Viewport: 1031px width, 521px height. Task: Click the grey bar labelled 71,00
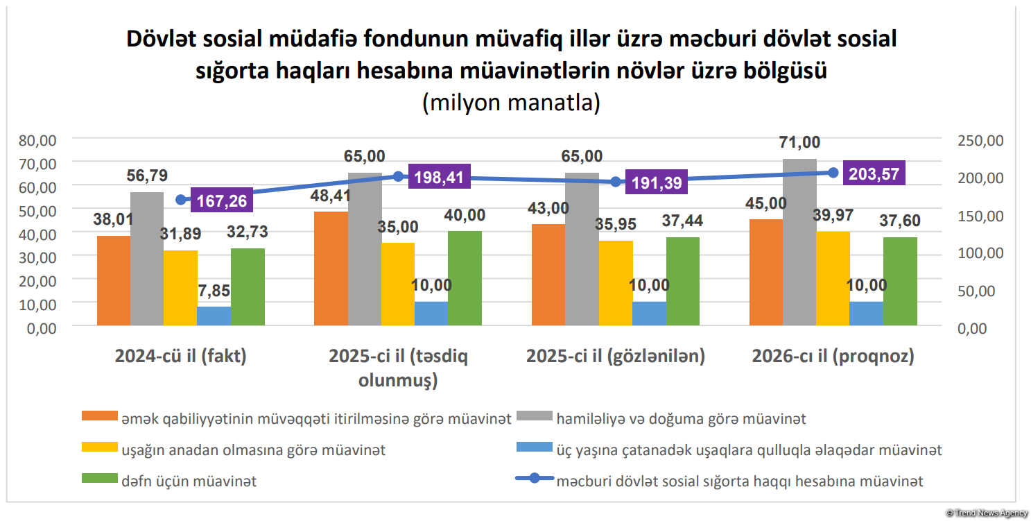(x=799, y=242)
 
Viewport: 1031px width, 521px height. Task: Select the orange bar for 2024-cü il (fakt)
(x=114, y=280)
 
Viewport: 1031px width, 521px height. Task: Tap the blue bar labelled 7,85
(x=214, y=316)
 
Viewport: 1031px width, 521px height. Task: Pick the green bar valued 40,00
(x=465, y=278)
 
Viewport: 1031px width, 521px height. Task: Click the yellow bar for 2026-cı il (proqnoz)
(x=833, y=278)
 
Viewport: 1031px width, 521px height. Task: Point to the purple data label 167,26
(x=222, y=201)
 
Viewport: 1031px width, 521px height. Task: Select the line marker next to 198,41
(x=399, y=176)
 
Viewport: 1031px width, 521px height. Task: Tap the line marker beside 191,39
(x=616, y=182)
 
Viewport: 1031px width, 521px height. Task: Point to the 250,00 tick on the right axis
(x=980, y=140)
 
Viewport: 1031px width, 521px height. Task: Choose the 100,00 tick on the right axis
(x=980, y=253)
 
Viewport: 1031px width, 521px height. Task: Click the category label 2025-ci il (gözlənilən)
(x=616, y=357)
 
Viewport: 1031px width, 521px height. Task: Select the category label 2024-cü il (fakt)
(x=181, y=357)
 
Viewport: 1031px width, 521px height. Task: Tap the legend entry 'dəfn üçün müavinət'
(x=188, y=481)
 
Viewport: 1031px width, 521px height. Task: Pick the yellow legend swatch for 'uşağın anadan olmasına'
(x=98, y=448)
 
